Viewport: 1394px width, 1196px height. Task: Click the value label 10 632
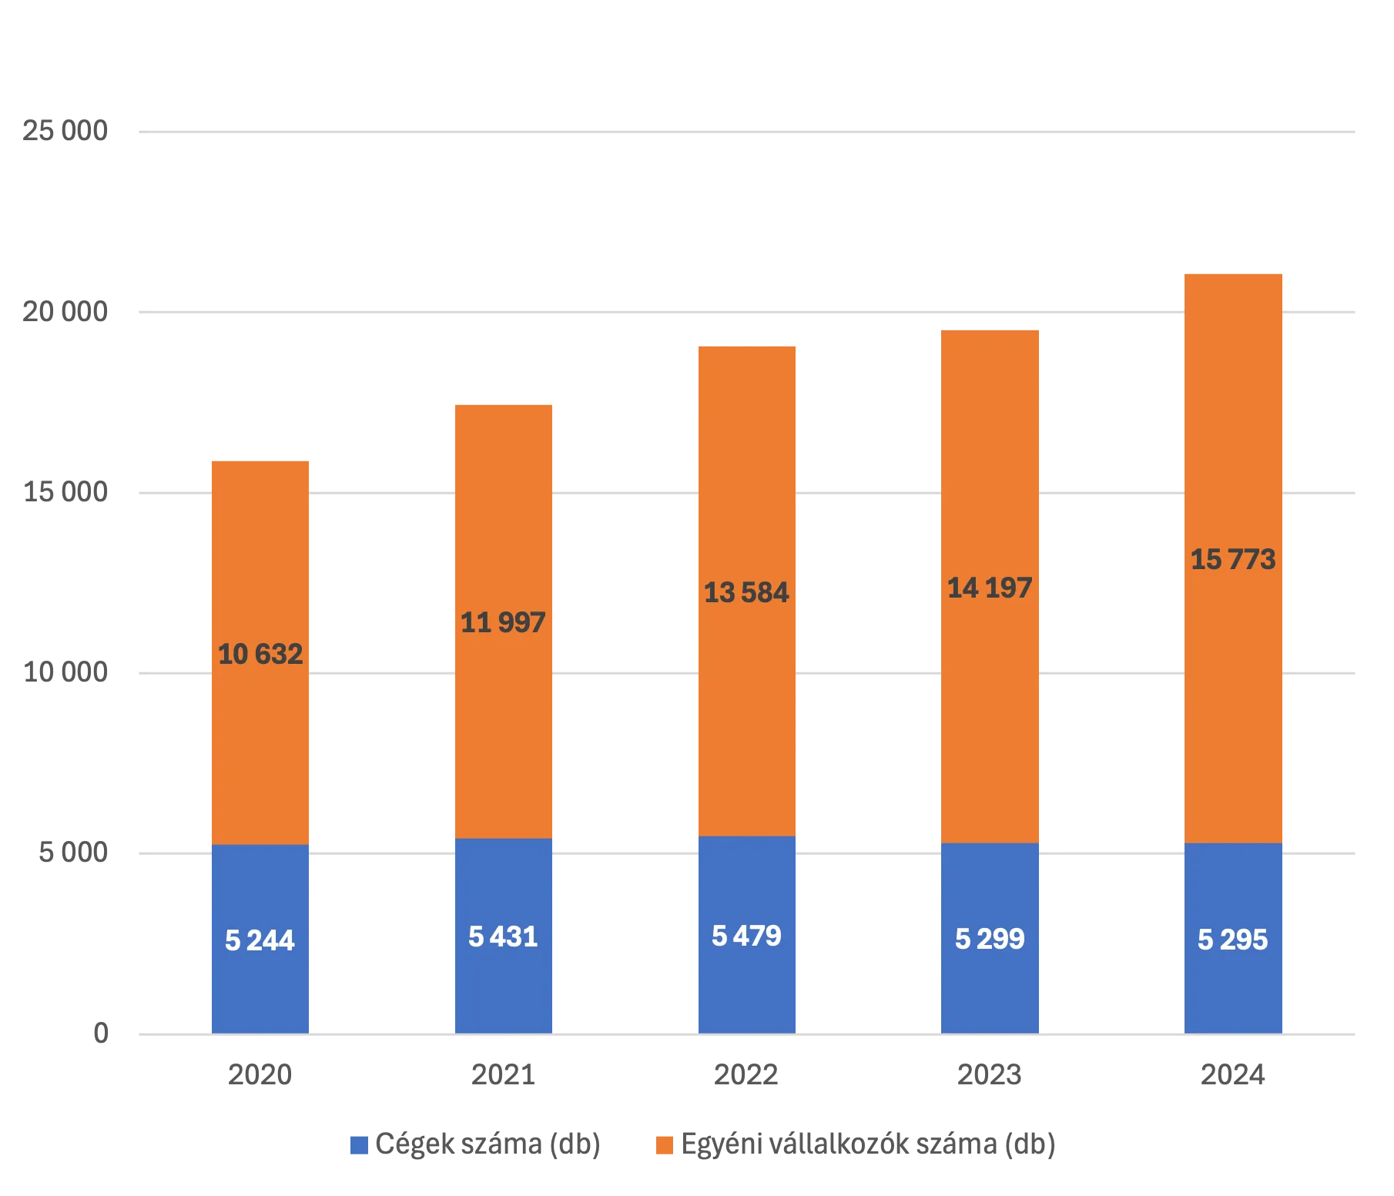[x=260, y=655]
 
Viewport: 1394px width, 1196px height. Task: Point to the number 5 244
[x=260, y=940]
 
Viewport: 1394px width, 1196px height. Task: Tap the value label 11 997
[x=503, y=622]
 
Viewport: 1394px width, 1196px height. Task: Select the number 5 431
[x=503, y=937]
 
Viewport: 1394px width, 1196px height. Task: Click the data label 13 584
[x=746, y=593]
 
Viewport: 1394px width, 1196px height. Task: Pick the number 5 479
[x=746, y=936]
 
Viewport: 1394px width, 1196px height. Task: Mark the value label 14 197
[x=990, y=588]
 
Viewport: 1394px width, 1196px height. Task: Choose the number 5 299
[x=990, y=939]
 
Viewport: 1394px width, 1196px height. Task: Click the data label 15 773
[x=1233, y=560]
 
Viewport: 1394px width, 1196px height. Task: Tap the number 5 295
[x=1233, y=940]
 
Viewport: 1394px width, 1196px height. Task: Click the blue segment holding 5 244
[x=260, y=993]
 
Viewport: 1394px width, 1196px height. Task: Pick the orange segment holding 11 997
[x=503, y=732]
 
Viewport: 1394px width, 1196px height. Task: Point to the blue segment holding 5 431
[x=503, y=993]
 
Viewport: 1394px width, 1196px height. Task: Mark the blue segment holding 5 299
[x=990, y=993]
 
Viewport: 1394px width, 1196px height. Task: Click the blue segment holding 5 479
[x=746, y=993]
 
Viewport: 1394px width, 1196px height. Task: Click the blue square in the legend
[x=358, y=1145]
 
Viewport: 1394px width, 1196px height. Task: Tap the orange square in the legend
[x=664, y=1145]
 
